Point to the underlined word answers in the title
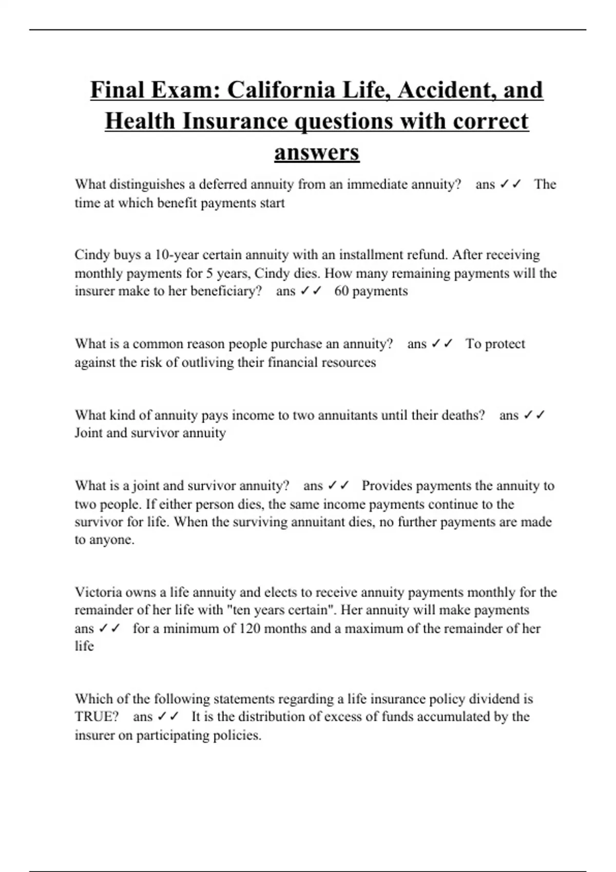[317, 152]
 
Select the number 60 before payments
[341, 291]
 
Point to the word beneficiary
[226, 291]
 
